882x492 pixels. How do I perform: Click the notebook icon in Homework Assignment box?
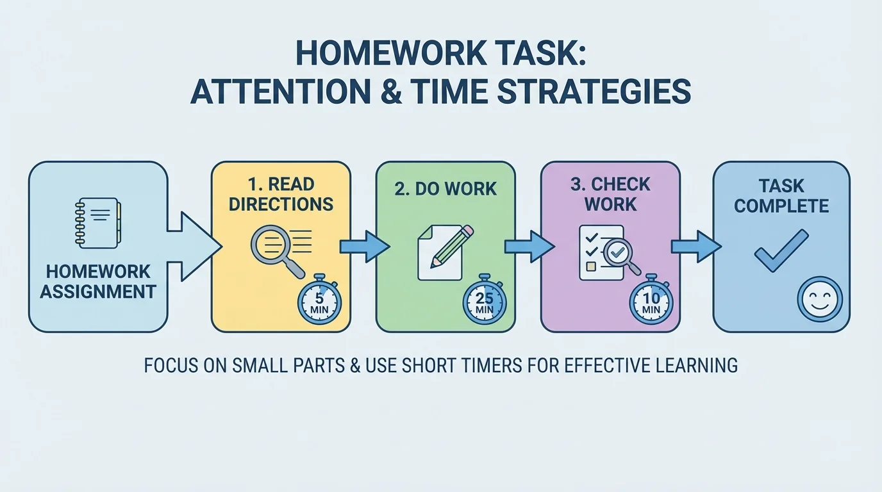pos(97,223)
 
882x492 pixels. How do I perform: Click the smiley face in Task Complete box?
pos(820,299)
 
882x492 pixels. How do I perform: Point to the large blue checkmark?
pos(781,250)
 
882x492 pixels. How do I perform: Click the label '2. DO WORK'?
pos(445,188)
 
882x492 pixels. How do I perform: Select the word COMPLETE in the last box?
pos(781,206)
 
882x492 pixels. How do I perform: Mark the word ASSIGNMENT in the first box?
pos(98,291)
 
